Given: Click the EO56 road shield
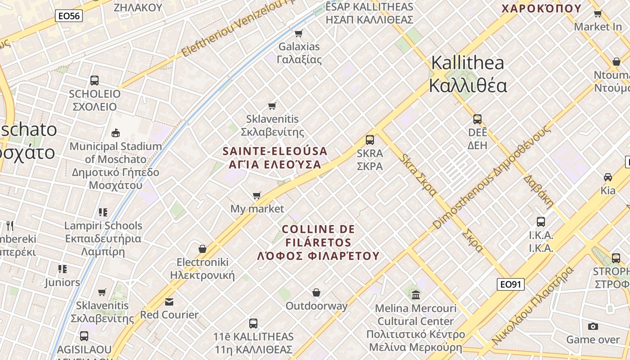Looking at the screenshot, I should point(69,16).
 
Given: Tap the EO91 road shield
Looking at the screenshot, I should point(511,284).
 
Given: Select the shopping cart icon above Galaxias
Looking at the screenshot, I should point(298,33).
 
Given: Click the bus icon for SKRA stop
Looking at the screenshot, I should point(370,139).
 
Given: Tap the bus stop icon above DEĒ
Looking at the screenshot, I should point(477,119).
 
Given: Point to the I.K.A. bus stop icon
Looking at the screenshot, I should point(541,221).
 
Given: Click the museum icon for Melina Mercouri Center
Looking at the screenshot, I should point(416,295).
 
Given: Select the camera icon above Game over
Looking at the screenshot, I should point(593,326).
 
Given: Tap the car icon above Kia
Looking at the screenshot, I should point(608,177).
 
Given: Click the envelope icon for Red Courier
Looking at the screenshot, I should point(169,301).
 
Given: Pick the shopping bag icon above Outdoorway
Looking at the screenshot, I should point(316,293).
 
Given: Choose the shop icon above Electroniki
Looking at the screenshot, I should point(202,249).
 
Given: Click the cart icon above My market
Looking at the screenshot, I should point(257,195).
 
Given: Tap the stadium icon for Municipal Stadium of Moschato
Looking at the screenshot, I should point(116,133).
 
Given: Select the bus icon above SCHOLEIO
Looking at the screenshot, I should point(94,81).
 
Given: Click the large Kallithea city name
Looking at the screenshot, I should point(468,74).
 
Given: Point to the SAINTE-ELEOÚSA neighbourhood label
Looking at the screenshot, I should point(275,157).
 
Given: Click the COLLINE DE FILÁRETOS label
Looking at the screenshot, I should point(318,243).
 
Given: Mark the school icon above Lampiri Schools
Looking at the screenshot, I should point(103,212).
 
